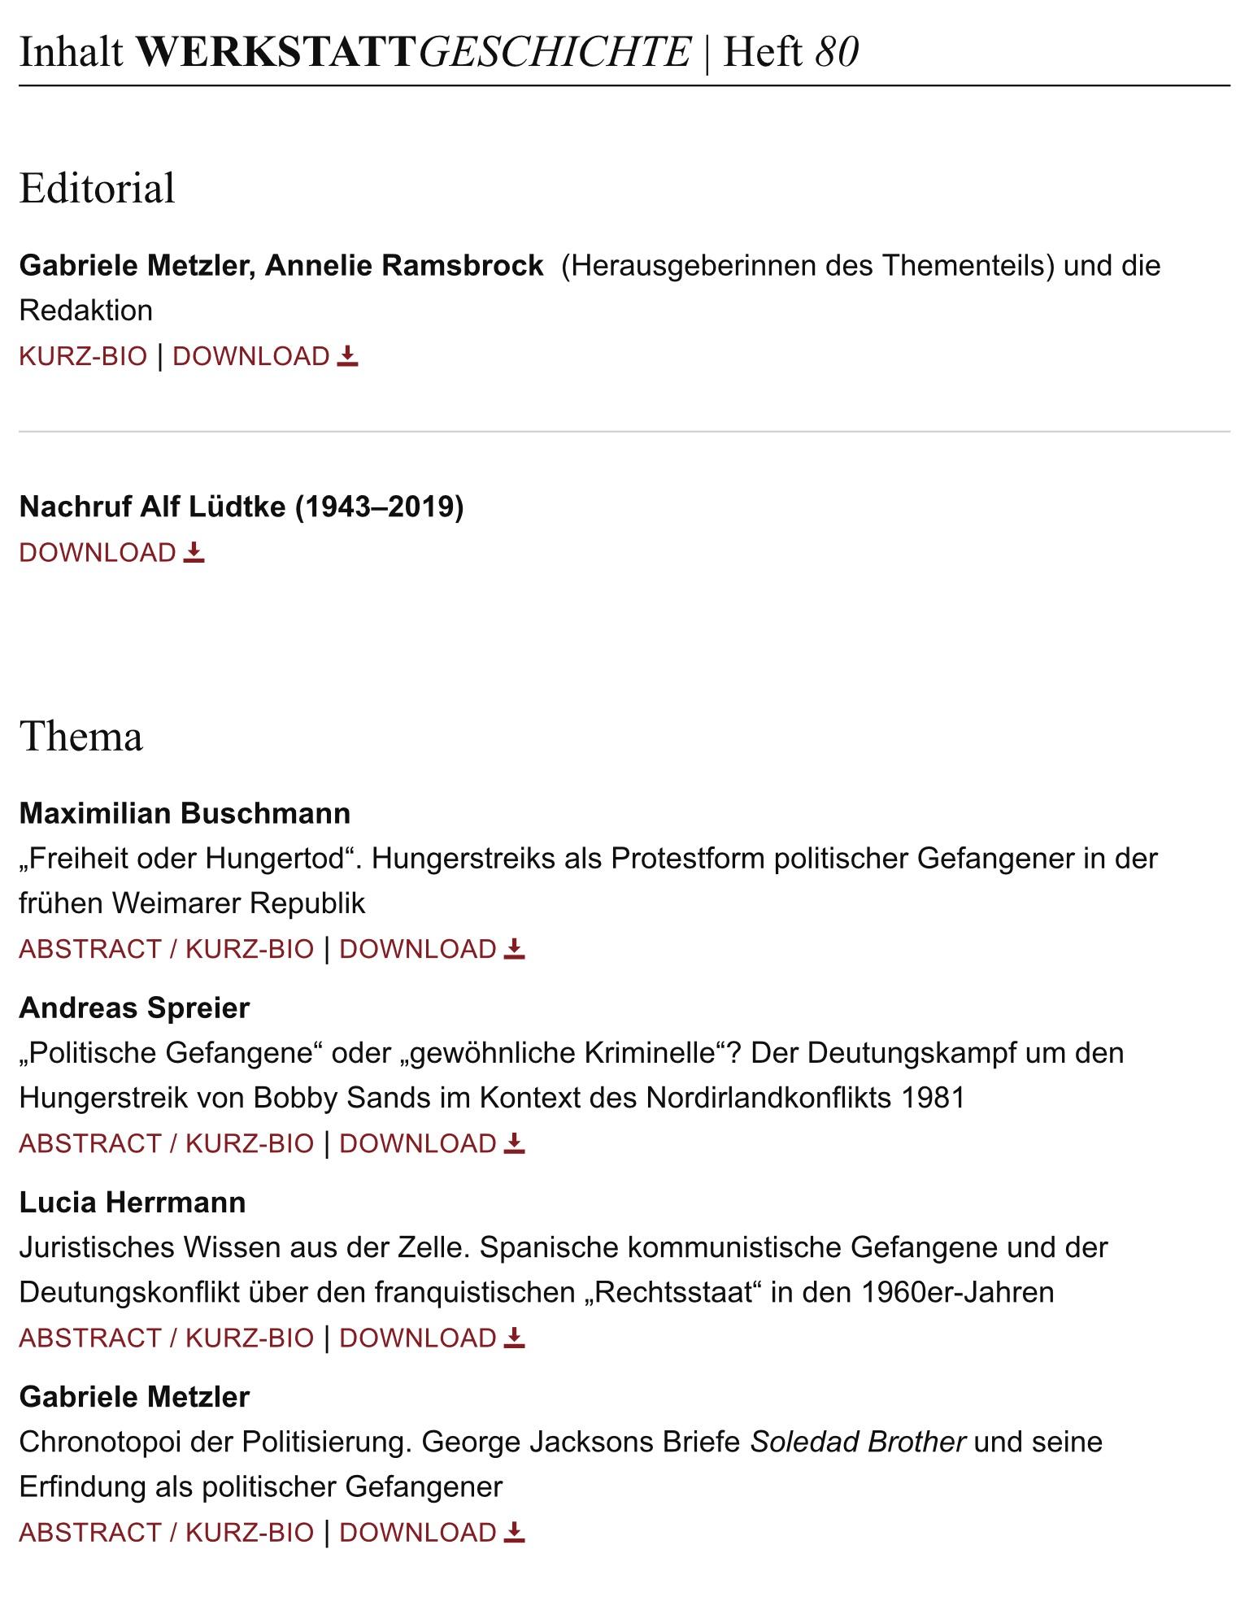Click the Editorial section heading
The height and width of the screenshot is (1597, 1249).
(x=97, y=188)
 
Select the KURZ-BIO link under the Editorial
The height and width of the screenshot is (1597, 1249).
(x=83, y=356)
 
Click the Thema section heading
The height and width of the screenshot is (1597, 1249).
(x=81, y=737)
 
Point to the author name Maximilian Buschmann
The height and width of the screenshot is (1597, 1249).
(x=185, y=813)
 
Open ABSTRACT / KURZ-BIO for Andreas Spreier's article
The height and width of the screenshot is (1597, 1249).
(x=166, y=1143)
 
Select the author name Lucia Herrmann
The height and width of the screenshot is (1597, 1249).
(x=132, y=1202)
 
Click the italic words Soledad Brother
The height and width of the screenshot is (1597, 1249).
(x=857, y=1442)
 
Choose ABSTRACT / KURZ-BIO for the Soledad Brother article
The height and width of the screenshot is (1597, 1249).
(x=166, y=1532)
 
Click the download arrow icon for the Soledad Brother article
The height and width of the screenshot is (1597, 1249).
(x=515, y=1532)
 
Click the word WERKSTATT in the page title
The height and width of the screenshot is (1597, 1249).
(x=276, y=52)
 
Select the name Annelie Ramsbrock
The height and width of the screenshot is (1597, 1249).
(x=403, y=265)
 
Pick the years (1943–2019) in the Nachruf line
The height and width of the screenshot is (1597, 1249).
(x=379, y=507)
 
